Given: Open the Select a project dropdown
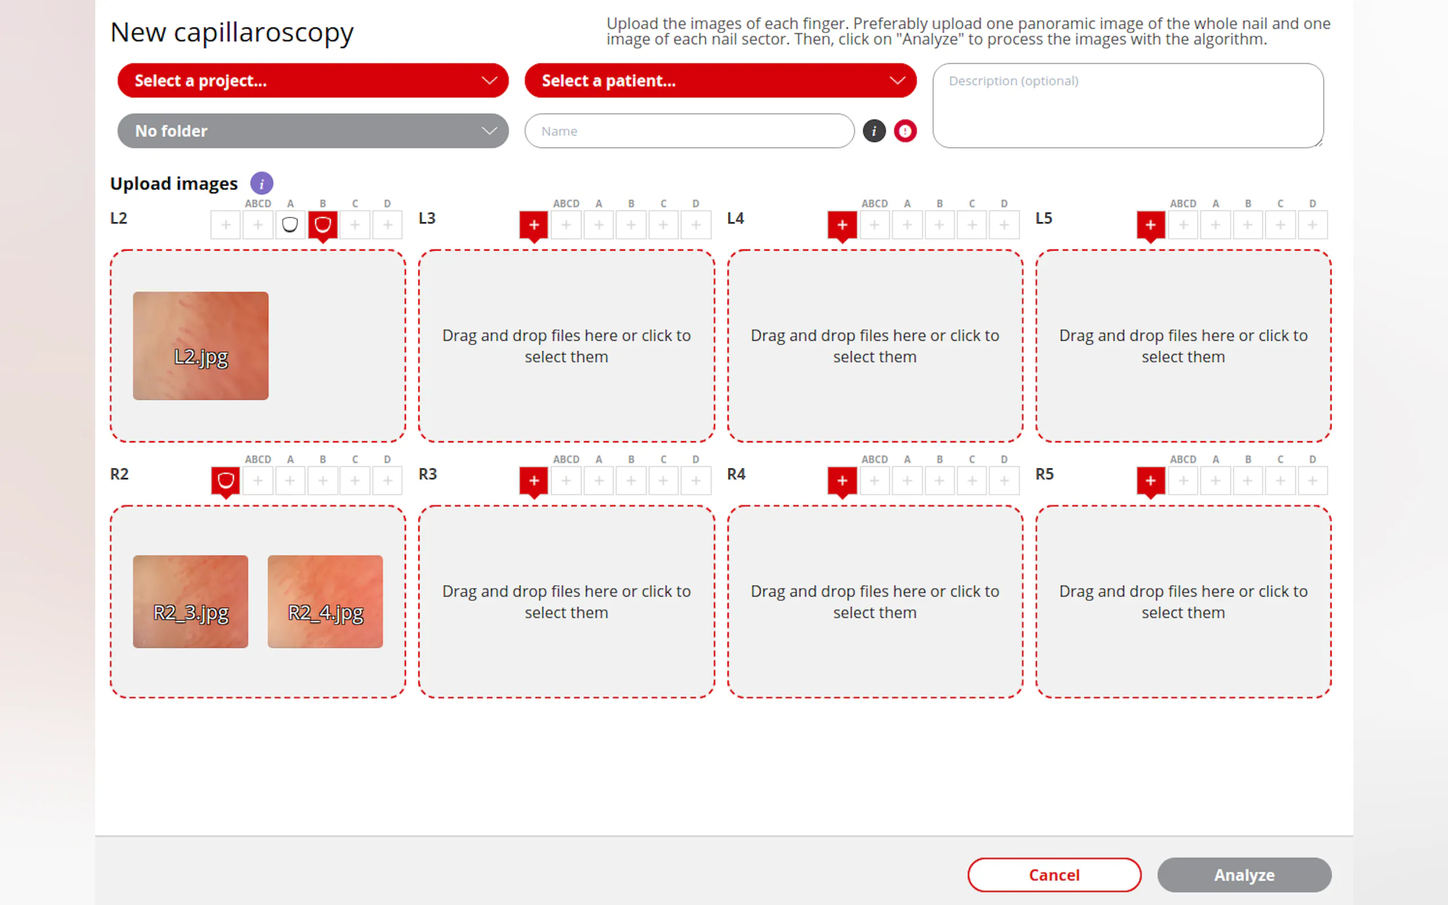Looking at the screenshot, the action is pyautogui.click(x=312, y=80).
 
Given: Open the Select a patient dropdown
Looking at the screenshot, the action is pyautogui.click(x=720, y=80).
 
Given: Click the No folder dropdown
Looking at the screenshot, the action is pyautogui.click(x=312, y=131).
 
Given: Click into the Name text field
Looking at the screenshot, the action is pyautogui.click(x=689, y=131).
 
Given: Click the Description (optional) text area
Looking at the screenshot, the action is pyautogui.click(x=1128, y=105).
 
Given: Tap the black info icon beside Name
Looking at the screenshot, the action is pyautogui.click(x=874, y=131).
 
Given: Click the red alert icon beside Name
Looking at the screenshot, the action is pyautogui.click(x=905, y=131).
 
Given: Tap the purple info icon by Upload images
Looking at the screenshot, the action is pyautogui.click(x=262, y=183).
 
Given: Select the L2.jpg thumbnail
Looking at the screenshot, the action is pyautogui.click(x=201, y=345).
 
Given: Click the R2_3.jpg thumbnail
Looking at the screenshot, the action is pyautogui.click(x=190, y=601).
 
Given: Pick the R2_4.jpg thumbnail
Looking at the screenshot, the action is pyautogui.click(x=325, y=601).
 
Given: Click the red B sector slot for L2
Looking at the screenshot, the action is pyautogui.click(x=323, y=225).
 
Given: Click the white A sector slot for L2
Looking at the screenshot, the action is pyautogui.click(x=290, y=225).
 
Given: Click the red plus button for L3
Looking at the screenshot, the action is pyautogui.click(x=534, y=225).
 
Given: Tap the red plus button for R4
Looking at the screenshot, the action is pyautogui.click(x=842, y=480).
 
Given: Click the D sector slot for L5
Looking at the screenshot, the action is pyautogui.click(x=1312, y=225).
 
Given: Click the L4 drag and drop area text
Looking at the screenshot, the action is pyautogui.click(x=875, y=346).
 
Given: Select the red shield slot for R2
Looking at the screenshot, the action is pyautogui.click(x=226, y=480).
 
